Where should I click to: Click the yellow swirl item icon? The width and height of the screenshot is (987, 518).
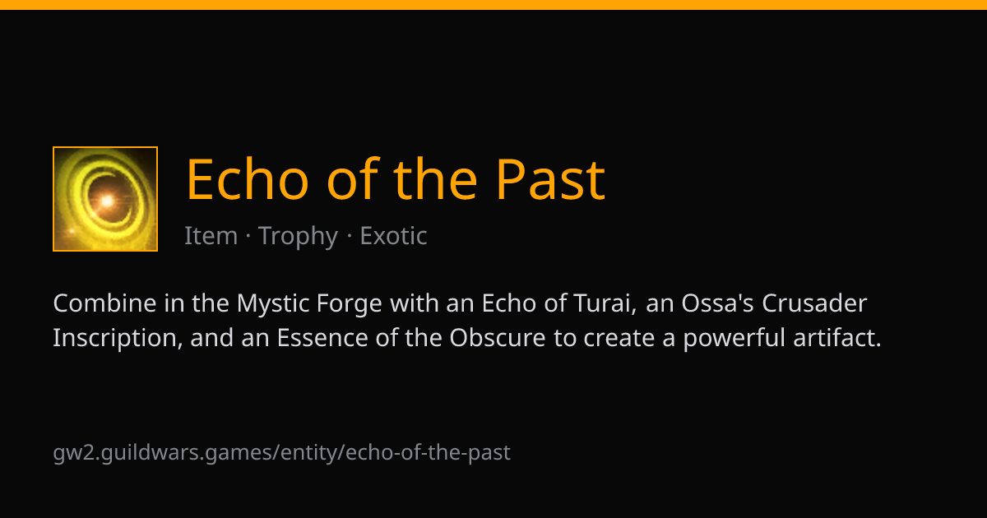tap(105, 199)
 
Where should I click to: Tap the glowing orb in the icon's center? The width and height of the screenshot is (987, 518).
tap(107, 201)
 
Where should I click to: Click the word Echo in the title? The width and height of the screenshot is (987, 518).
tap(248, 179)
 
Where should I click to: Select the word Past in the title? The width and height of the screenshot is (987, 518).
tap(551, 179)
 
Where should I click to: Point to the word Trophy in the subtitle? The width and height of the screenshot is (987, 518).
tap(298, 236)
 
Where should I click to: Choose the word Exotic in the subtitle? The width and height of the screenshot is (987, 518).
tap(393, 236)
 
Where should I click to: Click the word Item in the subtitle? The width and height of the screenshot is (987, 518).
tap(211, 236)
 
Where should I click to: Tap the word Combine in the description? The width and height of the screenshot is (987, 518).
tap(104, 303)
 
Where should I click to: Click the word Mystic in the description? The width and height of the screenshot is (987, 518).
tap(273, 304)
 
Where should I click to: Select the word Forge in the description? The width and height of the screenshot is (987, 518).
tap(349, 304)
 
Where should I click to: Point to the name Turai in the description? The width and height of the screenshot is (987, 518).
tap(605, 303)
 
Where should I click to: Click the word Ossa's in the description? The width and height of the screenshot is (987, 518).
tap(718, 303)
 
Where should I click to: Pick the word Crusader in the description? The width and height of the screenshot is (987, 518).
tap(814, 303)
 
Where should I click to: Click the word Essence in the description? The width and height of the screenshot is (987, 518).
tap(322, 338)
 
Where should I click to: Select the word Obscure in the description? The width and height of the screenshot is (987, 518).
tap(498, 338)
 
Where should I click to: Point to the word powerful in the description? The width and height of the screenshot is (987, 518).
tap(734, 338)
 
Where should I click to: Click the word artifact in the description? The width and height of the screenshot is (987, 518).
tap(837, 338)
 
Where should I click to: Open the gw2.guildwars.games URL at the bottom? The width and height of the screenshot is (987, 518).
tap(281, 453)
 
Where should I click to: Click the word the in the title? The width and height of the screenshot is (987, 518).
tap(435, 179)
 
